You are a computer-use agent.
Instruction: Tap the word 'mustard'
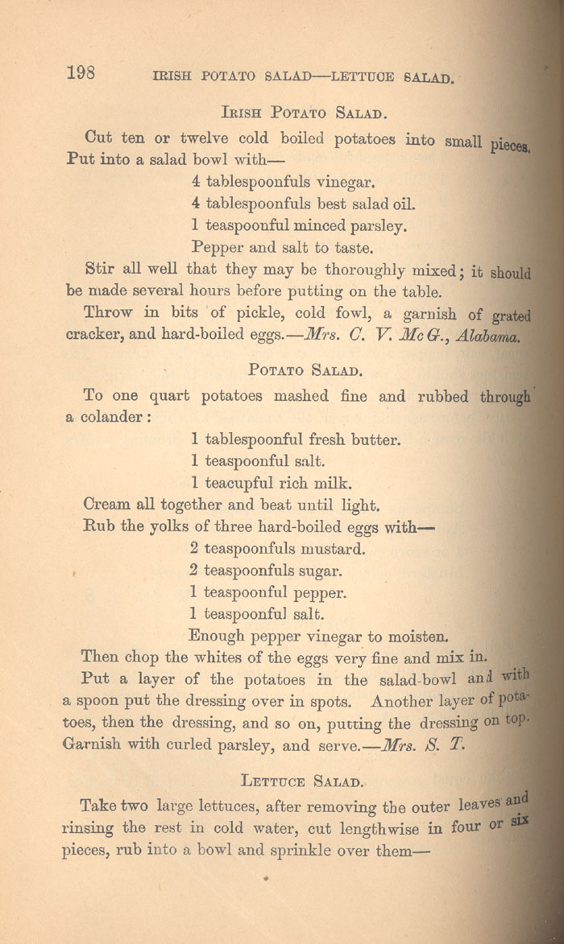(x=333, y=550)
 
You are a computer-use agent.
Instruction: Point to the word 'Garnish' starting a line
(x=92, y=744)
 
